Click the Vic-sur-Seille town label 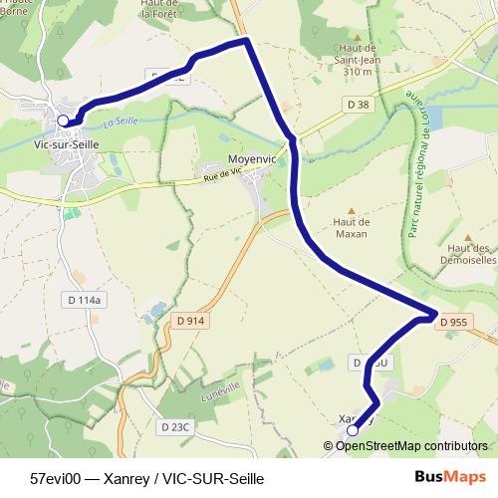[66, 143]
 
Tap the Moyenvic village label [229, 158]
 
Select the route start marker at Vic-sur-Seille [64, 121]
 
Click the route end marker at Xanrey [352, 431]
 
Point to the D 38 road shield [359, 104]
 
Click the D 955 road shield [452, 322]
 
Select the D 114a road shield [84, 299]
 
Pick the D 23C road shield [173, 426]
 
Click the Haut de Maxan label [351, 228]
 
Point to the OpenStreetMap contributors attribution [410, 445]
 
